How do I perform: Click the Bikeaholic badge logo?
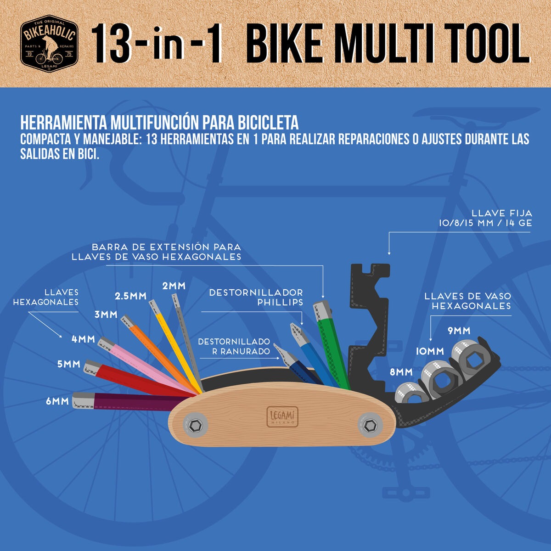[49, 44]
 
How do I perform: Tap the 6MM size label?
[57, 401]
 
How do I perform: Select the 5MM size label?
[68, 364]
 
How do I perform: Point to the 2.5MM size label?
[131, 296]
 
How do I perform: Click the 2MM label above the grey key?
[174, 286]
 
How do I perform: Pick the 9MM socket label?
[459, 331]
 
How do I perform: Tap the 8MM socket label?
[401, 372]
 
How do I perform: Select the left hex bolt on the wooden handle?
[196, 426]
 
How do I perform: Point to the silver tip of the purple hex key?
[83, 400]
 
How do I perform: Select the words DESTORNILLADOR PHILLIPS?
[256, 298]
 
